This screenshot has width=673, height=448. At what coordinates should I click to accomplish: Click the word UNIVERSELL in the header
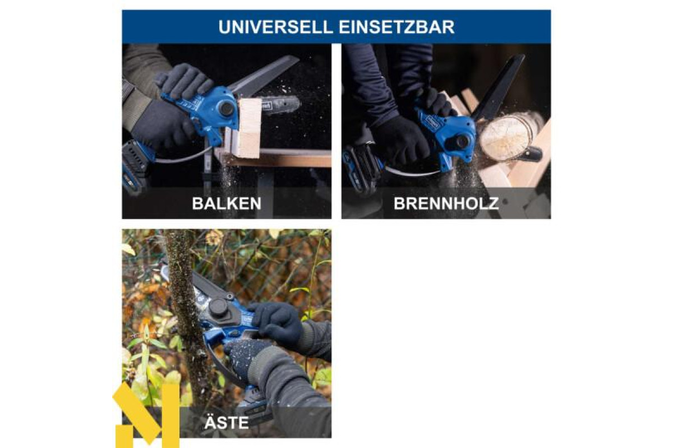coord(275,27)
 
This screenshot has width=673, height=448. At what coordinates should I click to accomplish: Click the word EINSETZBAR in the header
coord(397,27)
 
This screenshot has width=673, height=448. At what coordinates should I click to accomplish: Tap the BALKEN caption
coord(227,204)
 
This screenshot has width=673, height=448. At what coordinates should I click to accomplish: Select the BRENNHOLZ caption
coord(446,204)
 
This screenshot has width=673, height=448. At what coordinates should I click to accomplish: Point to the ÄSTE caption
coord(227,422)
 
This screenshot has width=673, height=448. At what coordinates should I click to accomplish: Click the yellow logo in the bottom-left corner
coord(146,416)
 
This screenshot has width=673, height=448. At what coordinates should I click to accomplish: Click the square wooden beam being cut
coord(250,128)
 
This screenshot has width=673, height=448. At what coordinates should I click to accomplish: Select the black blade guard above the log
coord(498,87)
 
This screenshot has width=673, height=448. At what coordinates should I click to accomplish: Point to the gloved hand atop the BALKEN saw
coord(184,81)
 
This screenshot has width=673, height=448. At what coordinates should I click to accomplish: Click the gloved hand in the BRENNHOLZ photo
coord(403,138)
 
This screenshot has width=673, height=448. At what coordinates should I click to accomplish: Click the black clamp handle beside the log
coord(532,153)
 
